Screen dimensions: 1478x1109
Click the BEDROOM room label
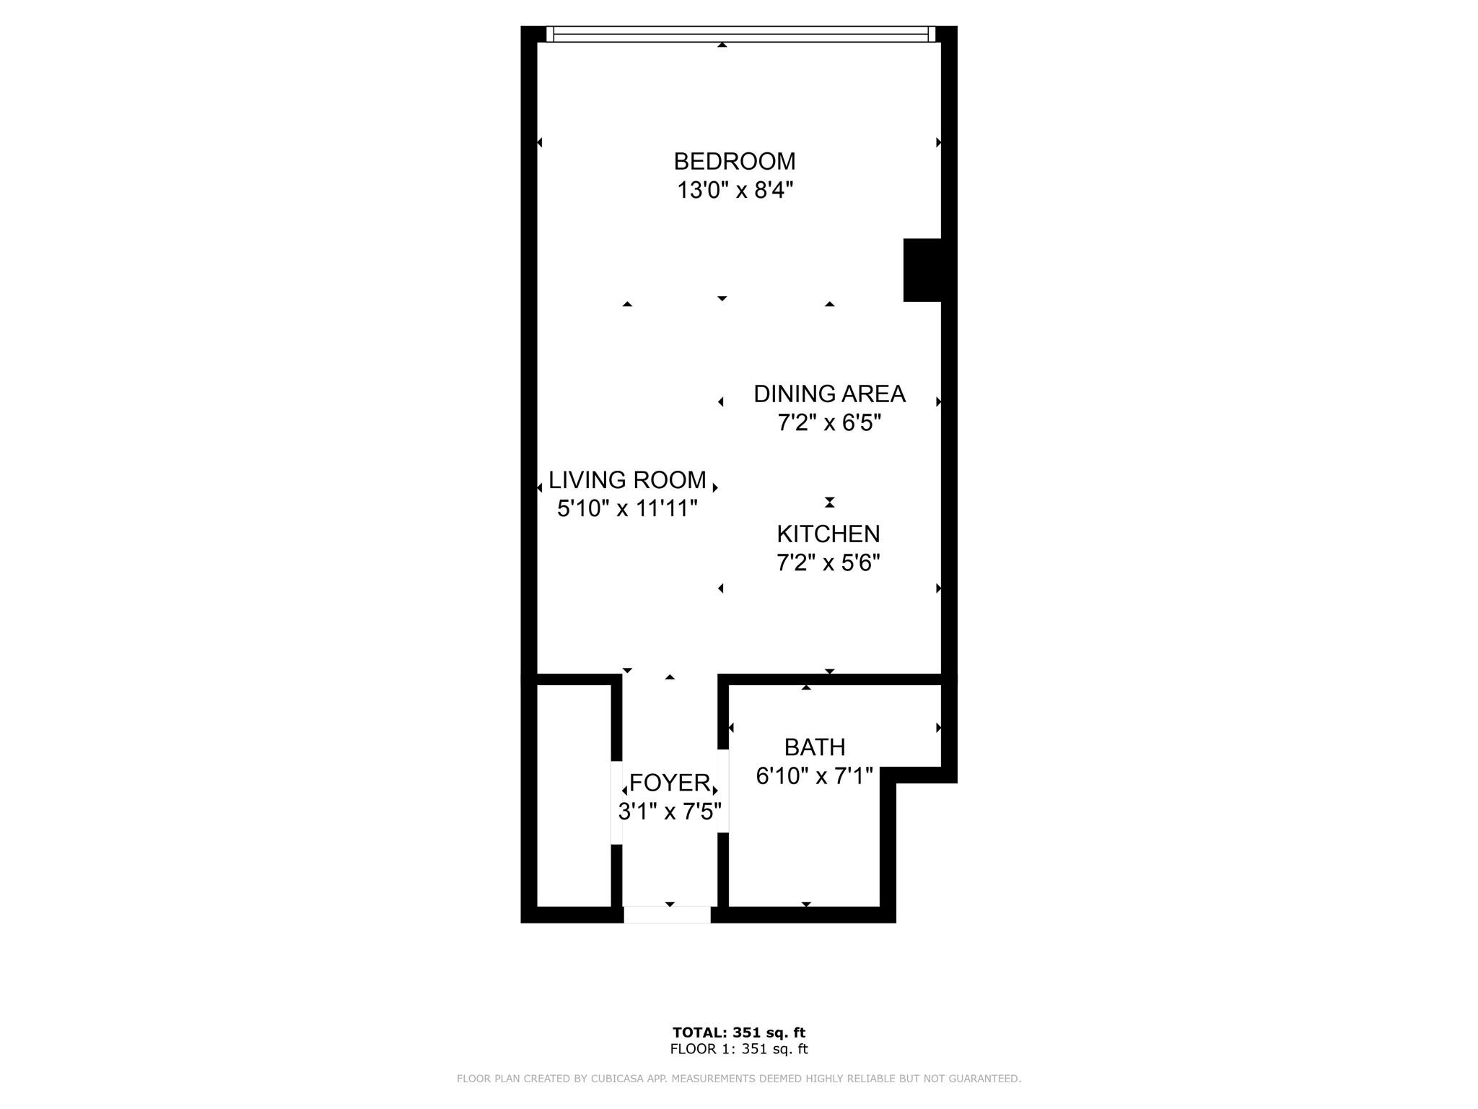click(735, 161)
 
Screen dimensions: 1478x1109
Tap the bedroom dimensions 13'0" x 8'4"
click(735, 191)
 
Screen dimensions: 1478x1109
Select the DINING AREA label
click(829, 394)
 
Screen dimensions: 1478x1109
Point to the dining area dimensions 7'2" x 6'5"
click(829, 422)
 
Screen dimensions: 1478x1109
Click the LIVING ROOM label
click(627, 480)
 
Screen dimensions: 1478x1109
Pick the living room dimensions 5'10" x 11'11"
click(627, 509)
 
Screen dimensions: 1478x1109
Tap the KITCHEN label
click(828, 534)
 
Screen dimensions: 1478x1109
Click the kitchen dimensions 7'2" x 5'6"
click(828, 562)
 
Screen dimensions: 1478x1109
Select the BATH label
click(815, 747)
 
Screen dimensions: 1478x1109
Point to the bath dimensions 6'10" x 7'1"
click(815, 776)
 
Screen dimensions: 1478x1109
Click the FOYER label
click(670, 783)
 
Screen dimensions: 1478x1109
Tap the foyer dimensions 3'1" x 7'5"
click(670, 812)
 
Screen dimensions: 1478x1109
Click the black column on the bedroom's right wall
click(922, 270)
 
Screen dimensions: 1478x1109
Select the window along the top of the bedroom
click(740, 34)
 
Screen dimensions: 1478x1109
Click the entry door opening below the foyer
click(668, 915)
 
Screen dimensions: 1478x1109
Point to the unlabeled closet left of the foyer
click(574, 796)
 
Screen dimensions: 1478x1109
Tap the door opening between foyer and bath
click(723, 791)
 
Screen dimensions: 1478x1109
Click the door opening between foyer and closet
click(617, 803)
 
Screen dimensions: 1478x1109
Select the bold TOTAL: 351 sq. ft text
click(739, 1032)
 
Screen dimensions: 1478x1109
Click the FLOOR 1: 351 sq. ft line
click(739, 1050)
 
